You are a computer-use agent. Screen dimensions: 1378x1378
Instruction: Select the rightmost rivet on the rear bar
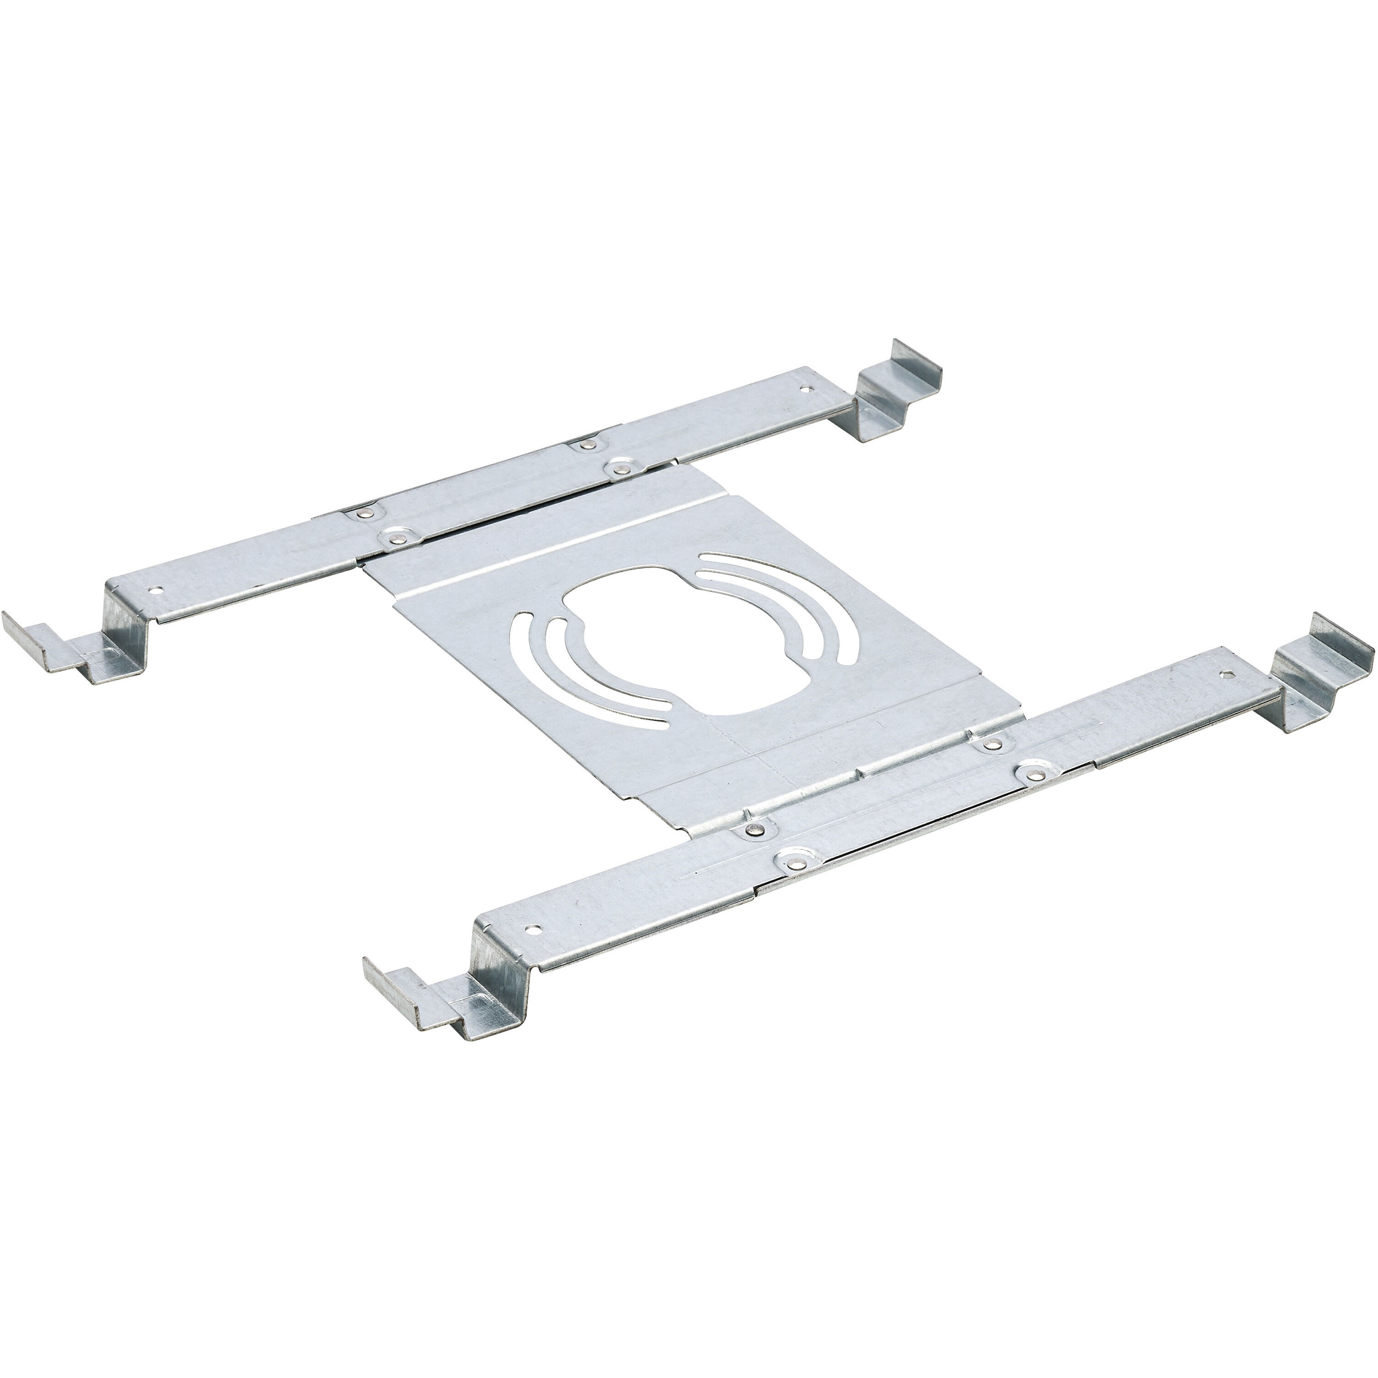620,469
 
